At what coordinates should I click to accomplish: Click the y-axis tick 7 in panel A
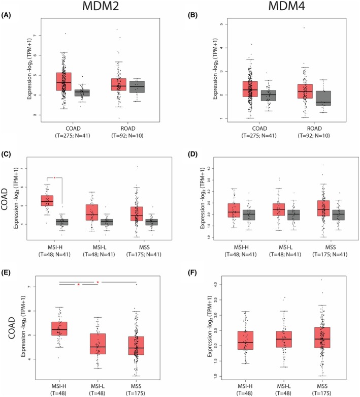pyautogui.click(x=34, y=36)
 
